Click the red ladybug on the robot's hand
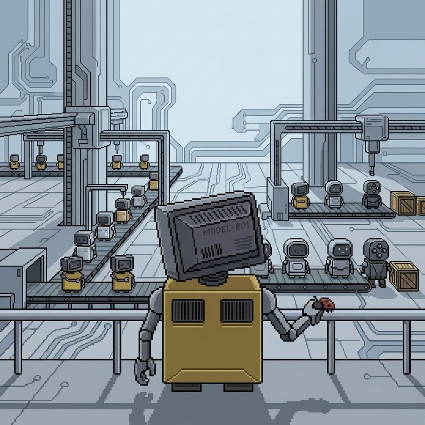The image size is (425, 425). coord(327,304)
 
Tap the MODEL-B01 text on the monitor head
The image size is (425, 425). coord(226,229)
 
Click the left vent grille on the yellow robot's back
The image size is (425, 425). coord(188,311)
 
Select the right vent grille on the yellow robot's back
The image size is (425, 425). coord(237,311)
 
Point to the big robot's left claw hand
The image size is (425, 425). coord(144,371)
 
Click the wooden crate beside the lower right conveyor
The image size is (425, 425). coord(404,276)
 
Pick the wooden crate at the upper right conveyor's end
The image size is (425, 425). coord(403,203)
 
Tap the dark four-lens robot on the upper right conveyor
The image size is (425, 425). coord(372,194)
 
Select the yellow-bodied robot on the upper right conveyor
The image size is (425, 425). coord(300,196)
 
